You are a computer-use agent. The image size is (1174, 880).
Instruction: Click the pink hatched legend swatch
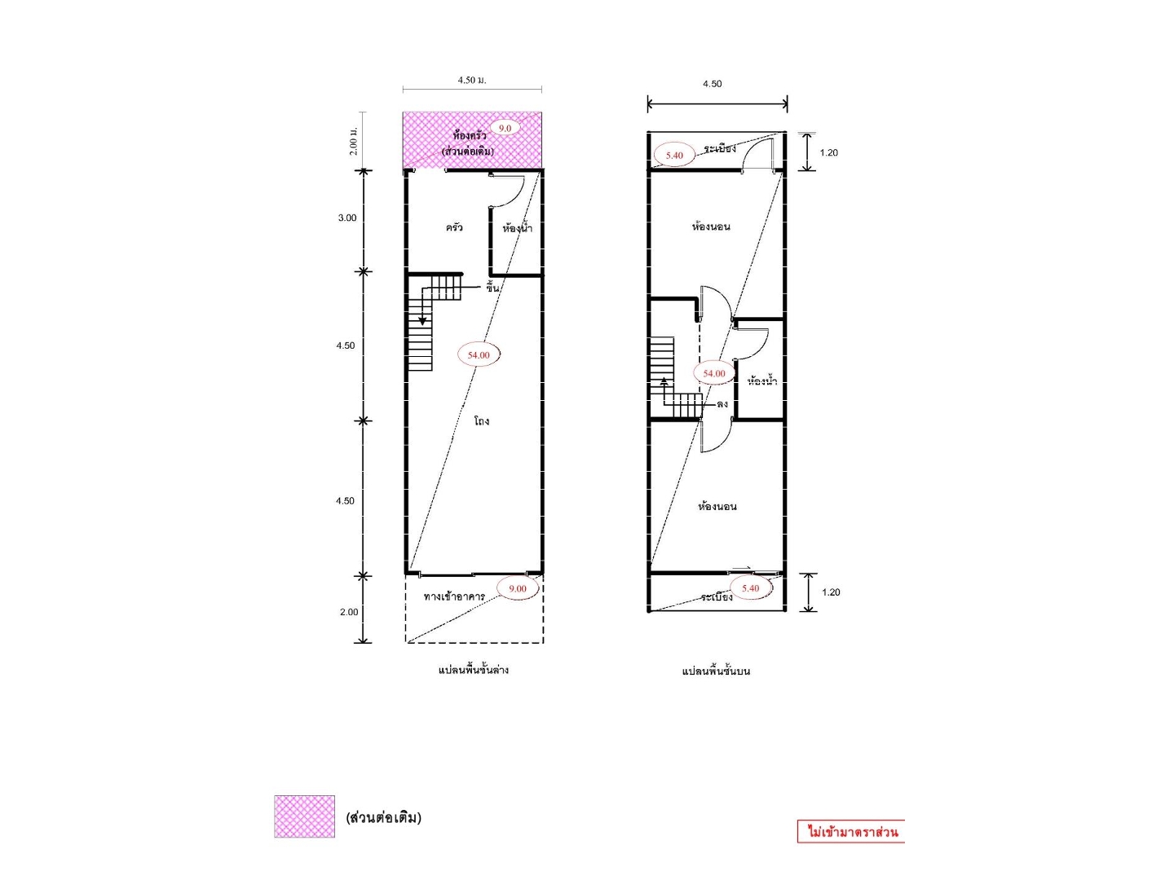pos(304,816)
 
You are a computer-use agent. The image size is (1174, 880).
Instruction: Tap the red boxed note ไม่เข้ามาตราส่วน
pos(850,831)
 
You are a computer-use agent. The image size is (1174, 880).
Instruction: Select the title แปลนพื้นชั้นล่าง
pos(474,670)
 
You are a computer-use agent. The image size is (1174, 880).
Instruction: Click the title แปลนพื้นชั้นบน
pos(716,671)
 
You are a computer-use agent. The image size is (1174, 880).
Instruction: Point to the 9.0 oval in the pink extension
pos(505,128)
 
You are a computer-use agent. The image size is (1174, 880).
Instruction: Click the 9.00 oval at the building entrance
pos(517,588)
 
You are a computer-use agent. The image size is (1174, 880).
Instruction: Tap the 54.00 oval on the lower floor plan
pos(479,354)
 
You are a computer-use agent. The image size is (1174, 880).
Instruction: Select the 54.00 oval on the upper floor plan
pos(713,373)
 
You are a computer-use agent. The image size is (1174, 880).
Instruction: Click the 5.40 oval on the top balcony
pos(674,156)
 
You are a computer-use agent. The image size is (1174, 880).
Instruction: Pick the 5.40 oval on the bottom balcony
pos(750,588)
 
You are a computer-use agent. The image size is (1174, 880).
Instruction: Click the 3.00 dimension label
pos(347,218)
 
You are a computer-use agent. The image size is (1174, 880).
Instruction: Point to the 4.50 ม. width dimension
pos(472,80)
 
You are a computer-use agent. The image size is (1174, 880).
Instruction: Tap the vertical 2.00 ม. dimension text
pos(353,141)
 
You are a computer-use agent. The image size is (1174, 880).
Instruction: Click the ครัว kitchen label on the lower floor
pos(454,227)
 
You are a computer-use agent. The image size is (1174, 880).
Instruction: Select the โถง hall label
pos(481,421)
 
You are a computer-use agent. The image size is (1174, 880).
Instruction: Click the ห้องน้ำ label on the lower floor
pos(517,228)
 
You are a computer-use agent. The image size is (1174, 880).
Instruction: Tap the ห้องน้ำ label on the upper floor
pos(762,381)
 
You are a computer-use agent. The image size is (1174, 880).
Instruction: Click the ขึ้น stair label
pos(492,287)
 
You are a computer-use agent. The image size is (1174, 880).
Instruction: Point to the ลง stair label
pos(722,404)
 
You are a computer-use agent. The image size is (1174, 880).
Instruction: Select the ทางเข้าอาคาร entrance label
pos(454,596)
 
